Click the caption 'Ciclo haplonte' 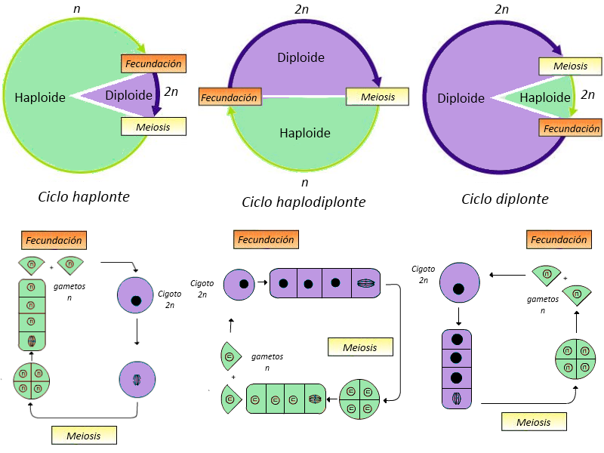(x=84, y=197)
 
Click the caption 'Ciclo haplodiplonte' (x=304, y=202)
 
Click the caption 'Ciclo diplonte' (x=505, y=199)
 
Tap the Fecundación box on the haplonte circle (x=154, y=64)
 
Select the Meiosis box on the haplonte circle (x=153, y=126)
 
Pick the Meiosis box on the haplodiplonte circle (x=377, y=97)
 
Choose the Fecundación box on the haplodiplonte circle (x=230, y=97)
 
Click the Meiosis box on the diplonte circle (x=570, y=66)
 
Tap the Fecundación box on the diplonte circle (x=571, y=128)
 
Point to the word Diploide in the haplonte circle (x=130, y=95)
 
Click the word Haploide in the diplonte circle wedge (x=545, y=97)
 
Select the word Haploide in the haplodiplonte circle (x=305, y=133)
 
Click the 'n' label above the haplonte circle (x=77, y=8)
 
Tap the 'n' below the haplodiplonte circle (x=304, y=182)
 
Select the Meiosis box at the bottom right (x=534, y=421)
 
